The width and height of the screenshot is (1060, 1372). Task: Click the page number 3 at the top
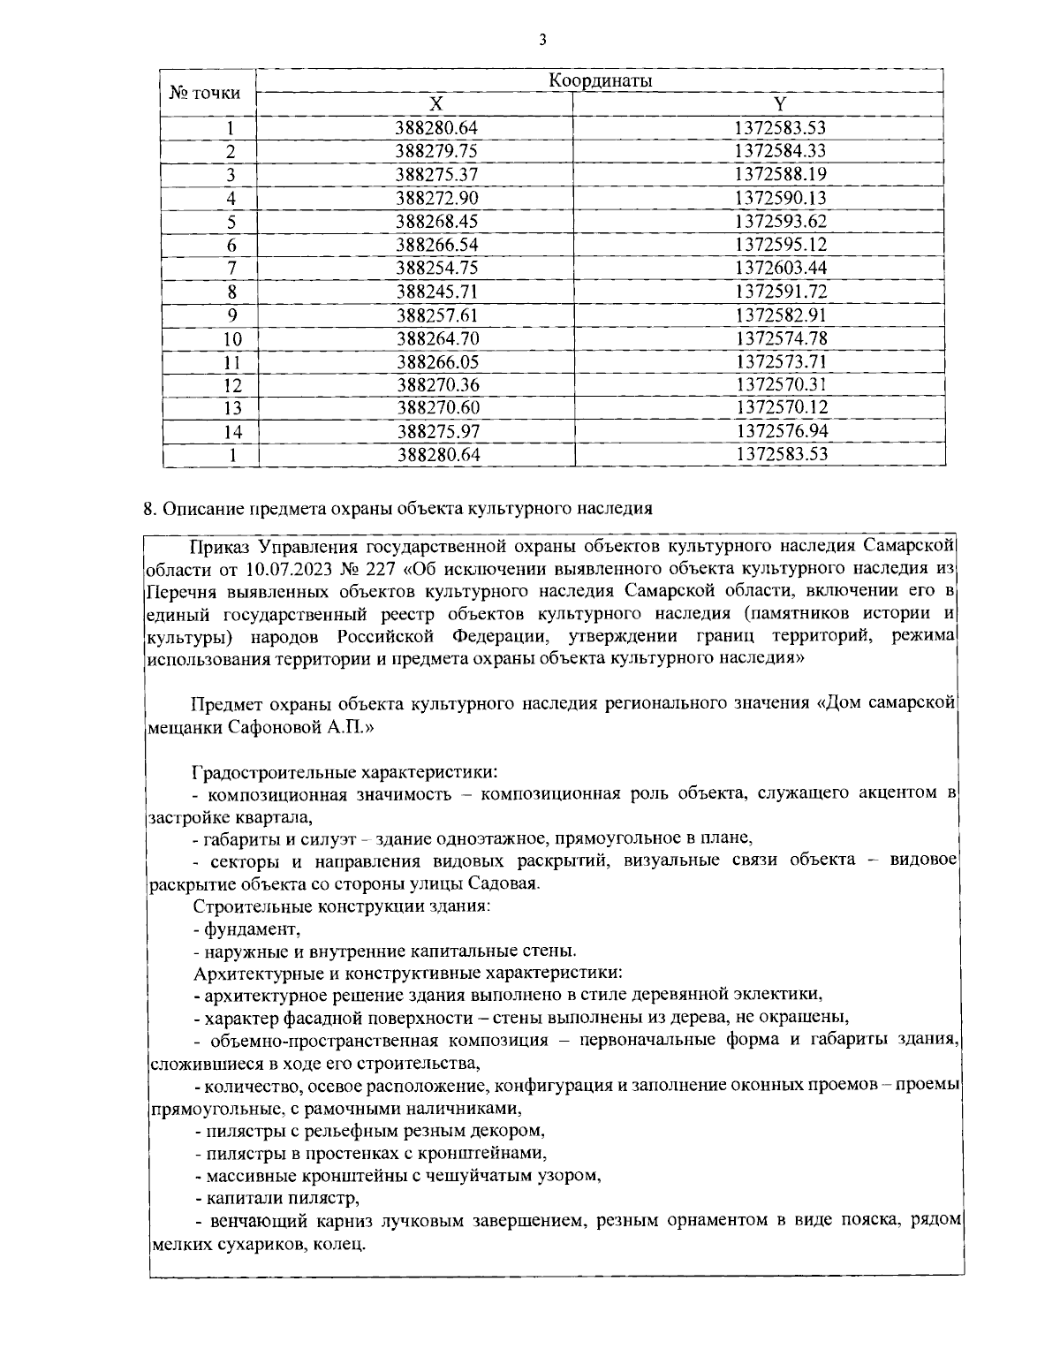coord(542,40)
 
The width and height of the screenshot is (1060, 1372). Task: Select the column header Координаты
coord(600,80)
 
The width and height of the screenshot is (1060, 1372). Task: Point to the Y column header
coord(780,104)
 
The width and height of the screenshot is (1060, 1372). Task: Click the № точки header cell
coord(204,93)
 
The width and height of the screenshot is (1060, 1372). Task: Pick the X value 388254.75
coord(436,268)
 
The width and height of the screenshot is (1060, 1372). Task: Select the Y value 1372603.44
coord(780,268)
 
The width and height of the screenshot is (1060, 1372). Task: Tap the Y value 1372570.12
coord(780,408)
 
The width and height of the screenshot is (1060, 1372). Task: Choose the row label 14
coord(231,432)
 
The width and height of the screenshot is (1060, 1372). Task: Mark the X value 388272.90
coord(436,198)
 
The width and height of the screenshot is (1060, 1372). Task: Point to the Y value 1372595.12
coord(780,245)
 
